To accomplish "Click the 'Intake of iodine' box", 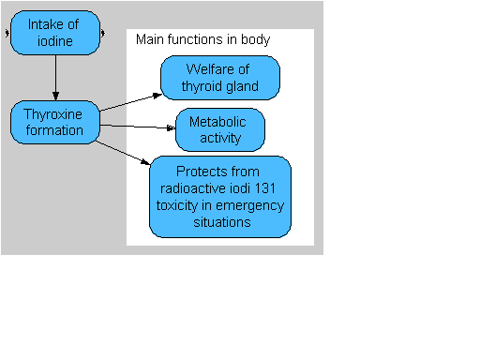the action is (x=55, y=33).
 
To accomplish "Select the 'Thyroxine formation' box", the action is (x=55, y=122).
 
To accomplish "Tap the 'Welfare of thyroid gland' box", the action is (x=220, y=78).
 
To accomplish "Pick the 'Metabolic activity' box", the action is (x=220, y=129).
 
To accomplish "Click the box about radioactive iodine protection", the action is (x=220, y=197).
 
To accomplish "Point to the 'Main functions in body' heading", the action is (x=202, y=39).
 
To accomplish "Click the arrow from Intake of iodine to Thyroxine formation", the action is (x=55, y=78).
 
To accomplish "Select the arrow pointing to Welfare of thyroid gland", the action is (x=130, y=102).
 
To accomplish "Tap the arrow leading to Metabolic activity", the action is (x=138, y=127).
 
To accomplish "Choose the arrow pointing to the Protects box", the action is (x=123, y=153).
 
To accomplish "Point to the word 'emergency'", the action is (x=249, y=205).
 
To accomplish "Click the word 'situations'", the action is (x=222, y=222).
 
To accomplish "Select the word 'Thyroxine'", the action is (x=52, y=114).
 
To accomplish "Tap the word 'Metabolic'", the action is (x=217, y=122).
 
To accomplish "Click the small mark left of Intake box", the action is (x=7, y=33).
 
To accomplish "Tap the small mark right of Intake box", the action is (x=103, y=33).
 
